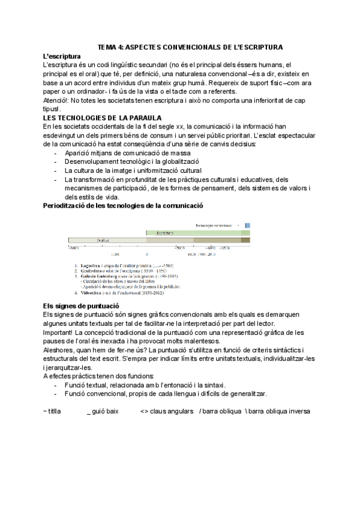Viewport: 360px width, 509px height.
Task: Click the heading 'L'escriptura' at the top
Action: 64,56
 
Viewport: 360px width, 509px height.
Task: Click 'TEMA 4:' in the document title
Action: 112,47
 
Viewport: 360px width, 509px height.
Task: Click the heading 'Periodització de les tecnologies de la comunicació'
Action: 123,206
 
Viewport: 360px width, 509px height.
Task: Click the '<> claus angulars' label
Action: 166,412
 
